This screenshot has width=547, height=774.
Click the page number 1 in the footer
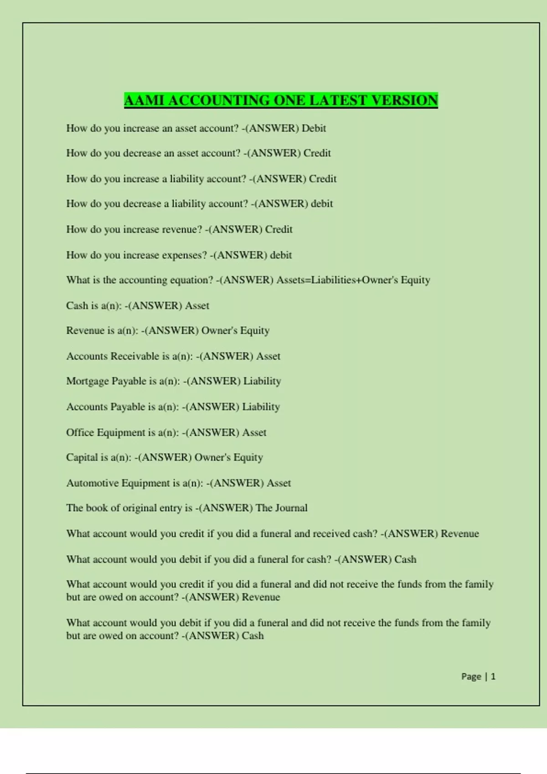(493, 677)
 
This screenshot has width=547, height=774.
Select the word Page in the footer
(471, 677)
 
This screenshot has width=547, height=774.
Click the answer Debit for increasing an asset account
(314, 128)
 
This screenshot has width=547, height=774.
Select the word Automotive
(92, 483)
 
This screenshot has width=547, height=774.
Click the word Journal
(291, 508)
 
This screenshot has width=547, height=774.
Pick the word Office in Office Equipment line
(80, 433)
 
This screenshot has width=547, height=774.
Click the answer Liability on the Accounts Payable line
(261, 407)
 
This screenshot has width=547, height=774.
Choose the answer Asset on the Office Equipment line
(254, 433)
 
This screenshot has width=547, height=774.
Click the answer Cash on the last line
(253, 636)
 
